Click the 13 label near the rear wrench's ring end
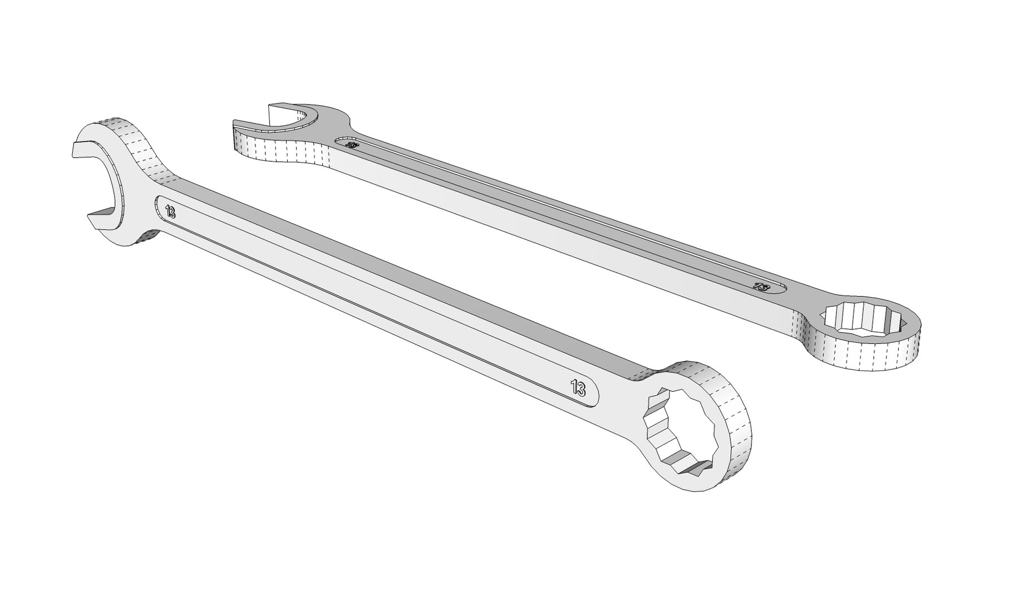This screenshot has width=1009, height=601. (761, 287)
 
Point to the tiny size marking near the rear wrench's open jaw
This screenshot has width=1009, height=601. (352, 145)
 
